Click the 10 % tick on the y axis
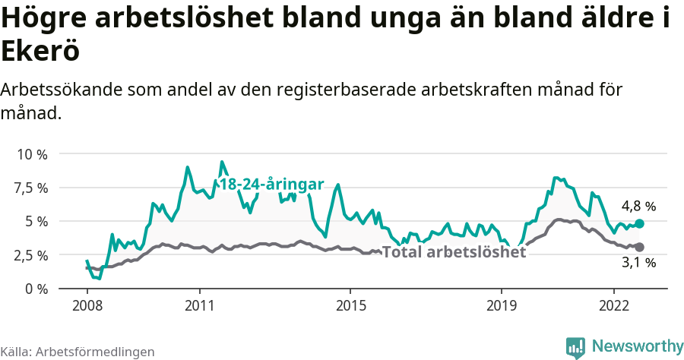tap(32, 154)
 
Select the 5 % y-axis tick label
tap(36, 221)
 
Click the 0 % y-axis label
tap(36, 289)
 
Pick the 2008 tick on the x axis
tap(87, 305)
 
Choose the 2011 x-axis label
tap(199, 305)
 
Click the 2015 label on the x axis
tap(350, 305)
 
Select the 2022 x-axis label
tap(613, 305)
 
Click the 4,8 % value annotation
tap(638, 206)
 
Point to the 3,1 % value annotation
tap(638, 263)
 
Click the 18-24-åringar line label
tap(271, 185)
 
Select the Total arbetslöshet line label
tap(454, 252)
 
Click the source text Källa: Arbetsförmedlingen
tap(78, 352)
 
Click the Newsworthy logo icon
tap(575, 346)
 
